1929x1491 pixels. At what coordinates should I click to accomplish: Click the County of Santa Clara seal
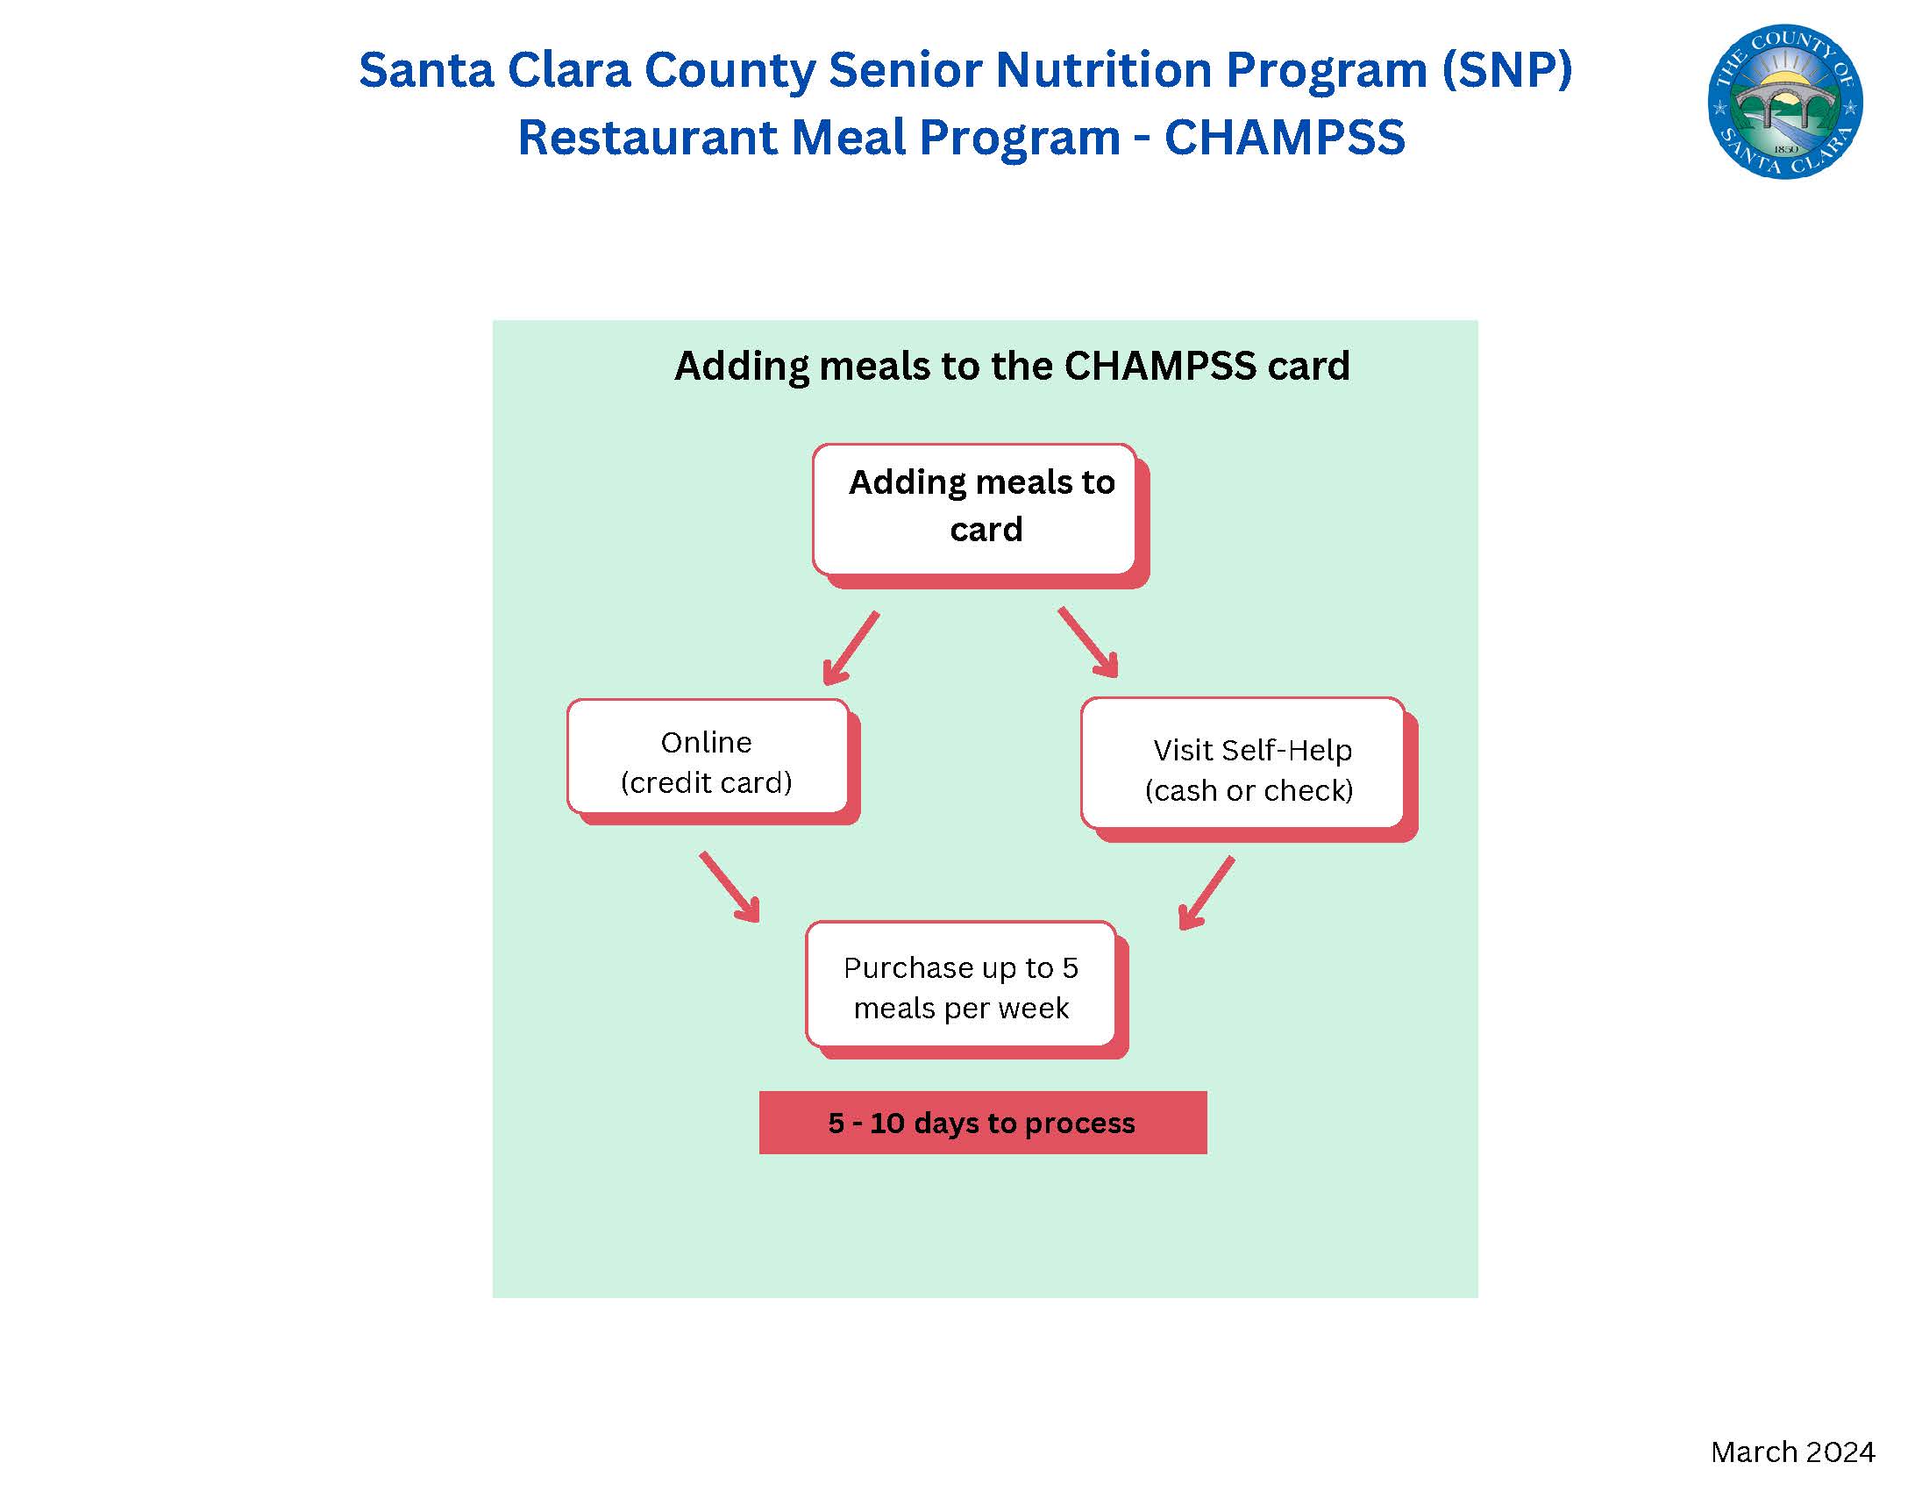(1785, 101)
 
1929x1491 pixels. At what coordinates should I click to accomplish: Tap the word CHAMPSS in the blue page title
(1285, 137)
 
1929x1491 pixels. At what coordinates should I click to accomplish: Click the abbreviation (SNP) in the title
(1506, 69)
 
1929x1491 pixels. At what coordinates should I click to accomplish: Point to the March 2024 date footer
(1792, 1452)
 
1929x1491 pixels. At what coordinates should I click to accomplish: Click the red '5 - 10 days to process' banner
(983, 1123)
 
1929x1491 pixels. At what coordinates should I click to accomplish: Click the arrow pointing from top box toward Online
(851, 648)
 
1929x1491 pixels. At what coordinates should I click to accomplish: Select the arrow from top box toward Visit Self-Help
(1088, 642)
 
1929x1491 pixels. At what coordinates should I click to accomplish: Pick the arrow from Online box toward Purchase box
(730, 887)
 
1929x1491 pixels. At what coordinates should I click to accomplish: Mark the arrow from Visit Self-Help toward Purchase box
(1207, 893)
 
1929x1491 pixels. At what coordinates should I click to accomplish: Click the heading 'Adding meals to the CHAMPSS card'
(1012, 366)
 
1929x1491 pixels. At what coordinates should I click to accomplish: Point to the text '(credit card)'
(707, 782)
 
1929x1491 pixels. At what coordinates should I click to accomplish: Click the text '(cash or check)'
(1249, 790)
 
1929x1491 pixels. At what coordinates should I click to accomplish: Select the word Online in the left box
(707, 743)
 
